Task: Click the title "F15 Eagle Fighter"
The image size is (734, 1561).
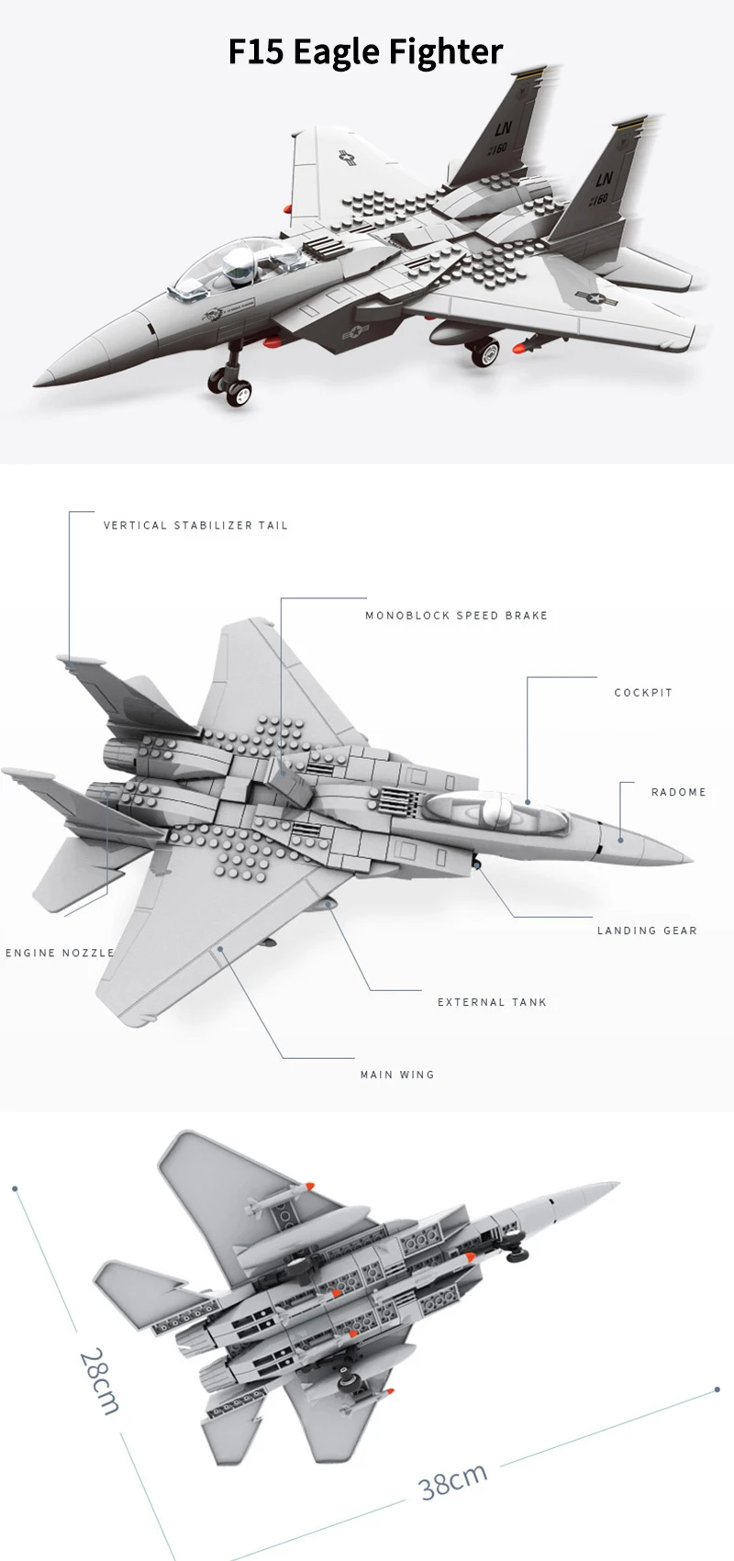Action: click(x=365, y=51)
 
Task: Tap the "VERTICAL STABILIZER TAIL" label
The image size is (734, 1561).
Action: click(x=195, y=526)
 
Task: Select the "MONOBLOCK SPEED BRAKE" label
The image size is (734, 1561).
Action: click(x=456, y=616)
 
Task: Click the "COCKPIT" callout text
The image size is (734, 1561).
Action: click(x=643, y=693)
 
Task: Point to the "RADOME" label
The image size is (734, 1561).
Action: click(x=679, y=792)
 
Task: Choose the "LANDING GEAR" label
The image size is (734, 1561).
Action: click(x=647, y=931)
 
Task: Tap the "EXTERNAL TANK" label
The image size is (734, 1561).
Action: click(x=492, y=1002)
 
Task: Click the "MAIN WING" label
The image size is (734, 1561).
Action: click(x=397, y=1075)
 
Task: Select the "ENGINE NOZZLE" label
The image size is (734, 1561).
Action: click(x=60, y=953)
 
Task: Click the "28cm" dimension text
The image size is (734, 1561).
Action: click(x=99, y=1381)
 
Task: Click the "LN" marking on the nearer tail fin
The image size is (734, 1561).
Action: click(x=604, y=179)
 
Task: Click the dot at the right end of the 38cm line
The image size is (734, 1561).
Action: click(x=717, y=1390)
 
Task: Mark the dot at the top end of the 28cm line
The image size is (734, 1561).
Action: click(x=16, y=1188)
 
